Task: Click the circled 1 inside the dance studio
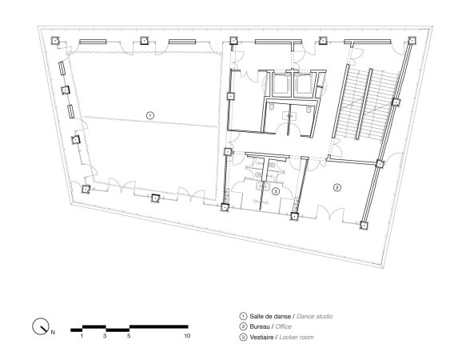[149, 115]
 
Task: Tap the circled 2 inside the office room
[337, 187]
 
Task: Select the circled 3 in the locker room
[275, 191]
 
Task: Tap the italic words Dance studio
[313, 317]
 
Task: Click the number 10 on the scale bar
[186, 337]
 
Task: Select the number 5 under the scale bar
[129, 337]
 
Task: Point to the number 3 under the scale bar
[105, 337]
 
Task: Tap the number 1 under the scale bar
[82, 337]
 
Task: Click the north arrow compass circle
[39, 326]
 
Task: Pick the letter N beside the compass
[54, 330]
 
